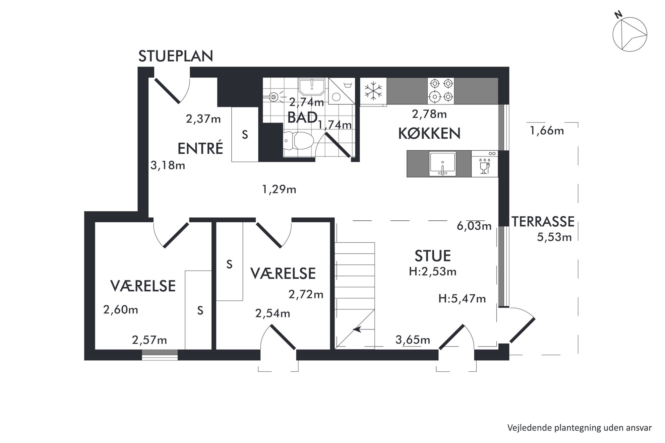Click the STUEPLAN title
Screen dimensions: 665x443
click(176, 56)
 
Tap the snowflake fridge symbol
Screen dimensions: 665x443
click(373, 91)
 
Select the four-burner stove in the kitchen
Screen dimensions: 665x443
click(441, 91)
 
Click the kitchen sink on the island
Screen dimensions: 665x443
click(442, 164)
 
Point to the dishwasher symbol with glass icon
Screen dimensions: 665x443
click(484, 164)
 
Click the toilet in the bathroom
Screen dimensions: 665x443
click(298, 141)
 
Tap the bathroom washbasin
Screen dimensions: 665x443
click(312, 87)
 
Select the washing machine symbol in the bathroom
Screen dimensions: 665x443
click(342, 91)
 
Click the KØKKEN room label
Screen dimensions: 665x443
click(429, 134)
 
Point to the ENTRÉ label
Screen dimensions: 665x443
click(200, 148)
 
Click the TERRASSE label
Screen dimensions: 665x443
click(543, 222)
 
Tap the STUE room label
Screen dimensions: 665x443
click(433, 256)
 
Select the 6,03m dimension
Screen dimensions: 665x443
click(474, 226)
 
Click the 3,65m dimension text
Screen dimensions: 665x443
click(413, 340)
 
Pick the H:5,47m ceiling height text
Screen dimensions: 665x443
click(462, 298)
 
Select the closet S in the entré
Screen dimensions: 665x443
click(245, 135)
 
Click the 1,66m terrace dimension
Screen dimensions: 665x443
click(547, 131)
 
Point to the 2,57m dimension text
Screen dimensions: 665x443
click(149, 340)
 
